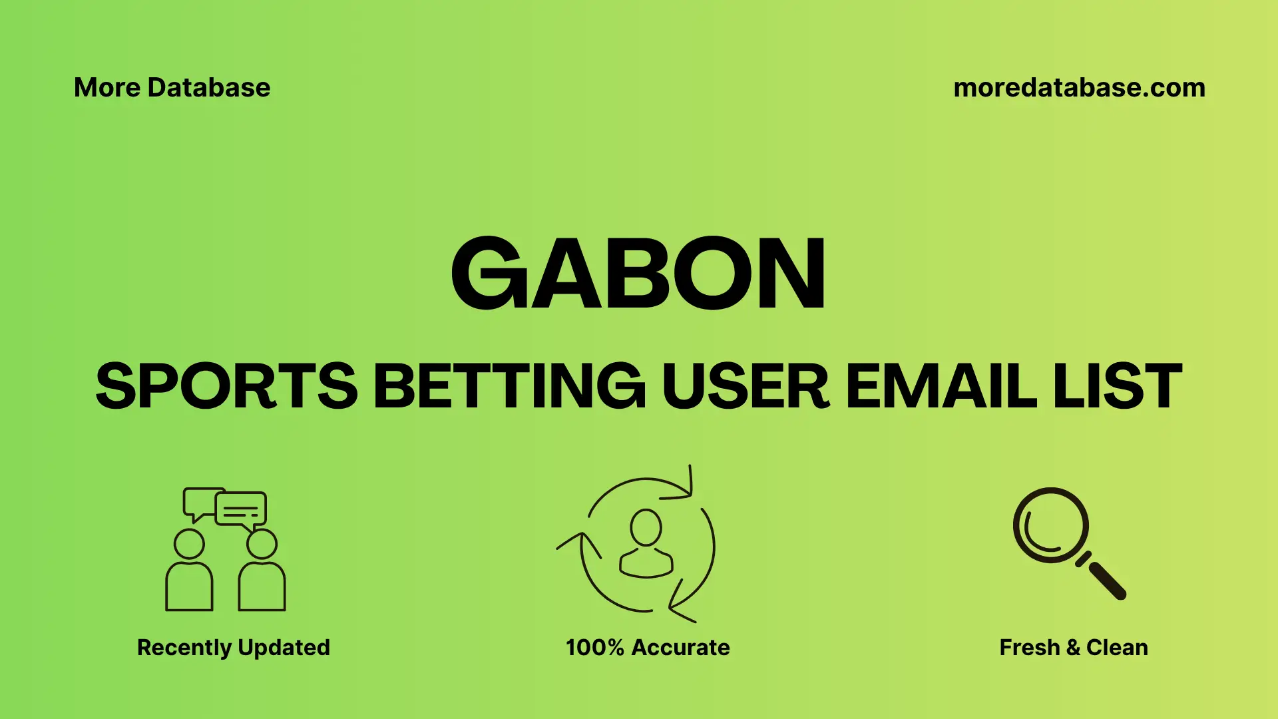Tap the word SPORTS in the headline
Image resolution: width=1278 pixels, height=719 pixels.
point(226,386)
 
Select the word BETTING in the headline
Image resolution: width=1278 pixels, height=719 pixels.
point(509,386)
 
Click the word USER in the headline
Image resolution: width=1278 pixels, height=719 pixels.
point(745,386)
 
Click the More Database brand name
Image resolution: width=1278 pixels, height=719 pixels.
point(172,88)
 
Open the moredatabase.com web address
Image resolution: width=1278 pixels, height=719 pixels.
point(1079,88)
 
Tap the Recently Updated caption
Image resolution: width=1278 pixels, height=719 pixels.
point(233,647)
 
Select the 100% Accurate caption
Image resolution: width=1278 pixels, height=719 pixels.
point(648,647)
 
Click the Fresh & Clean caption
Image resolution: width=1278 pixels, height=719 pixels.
point(1073,647)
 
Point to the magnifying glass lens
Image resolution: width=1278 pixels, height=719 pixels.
point(1050,525)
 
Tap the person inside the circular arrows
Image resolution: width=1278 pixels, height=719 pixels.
point(646,543)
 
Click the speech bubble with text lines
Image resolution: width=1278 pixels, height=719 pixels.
point(241,510)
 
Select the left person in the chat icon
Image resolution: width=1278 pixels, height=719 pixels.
point(189,573)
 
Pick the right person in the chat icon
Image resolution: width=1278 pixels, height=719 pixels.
point(262,573)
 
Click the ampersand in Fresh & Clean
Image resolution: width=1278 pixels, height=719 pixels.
point(1073,647)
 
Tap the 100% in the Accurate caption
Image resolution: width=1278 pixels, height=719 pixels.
point(594,647)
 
